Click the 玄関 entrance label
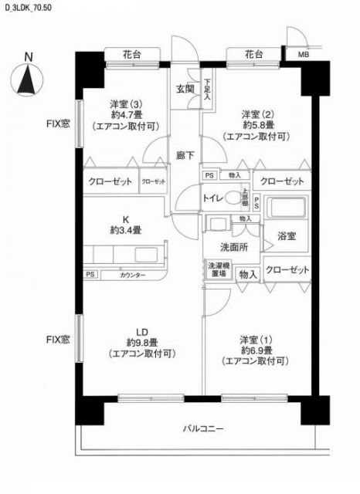185,89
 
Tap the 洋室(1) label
256,340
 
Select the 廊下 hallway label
184,154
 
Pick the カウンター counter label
132,275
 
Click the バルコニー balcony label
203,428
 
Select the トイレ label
214,198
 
